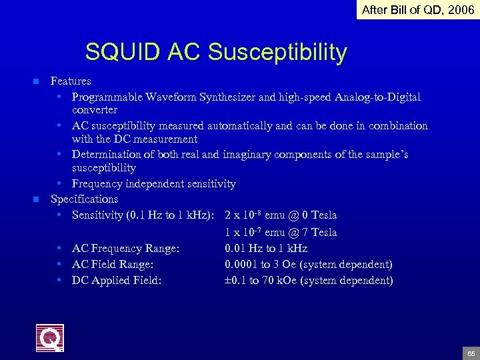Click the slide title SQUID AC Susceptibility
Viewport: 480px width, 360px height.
[x=216, y=52]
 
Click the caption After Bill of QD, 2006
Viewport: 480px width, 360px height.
[x=418, y=10]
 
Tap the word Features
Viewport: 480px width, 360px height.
[x=71, y=81]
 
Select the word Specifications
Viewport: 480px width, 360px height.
[x=85, y=199]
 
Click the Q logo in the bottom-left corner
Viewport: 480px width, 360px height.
[x=50, y=337]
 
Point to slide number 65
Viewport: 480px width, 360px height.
[x=471, y=353]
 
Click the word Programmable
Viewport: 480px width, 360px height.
[x=105, y=97]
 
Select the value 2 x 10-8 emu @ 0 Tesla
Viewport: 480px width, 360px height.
[x=281, y=215]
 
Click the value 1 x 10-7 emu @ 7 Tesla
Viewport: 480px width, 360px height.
[x=281, y=232]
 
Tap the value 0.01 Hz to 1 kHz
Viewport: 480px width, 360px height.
[x=266, y=248]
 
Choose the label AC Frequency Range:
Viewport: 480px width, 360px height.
[x=125, y=248]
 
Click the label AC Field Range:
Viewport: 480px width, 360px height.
[x=113, y=264]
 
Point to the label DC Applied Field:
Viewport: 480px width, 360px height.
[x=117, y=280]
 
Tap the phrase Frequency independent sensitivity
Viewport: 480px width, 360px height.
[x=154, y=183]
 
